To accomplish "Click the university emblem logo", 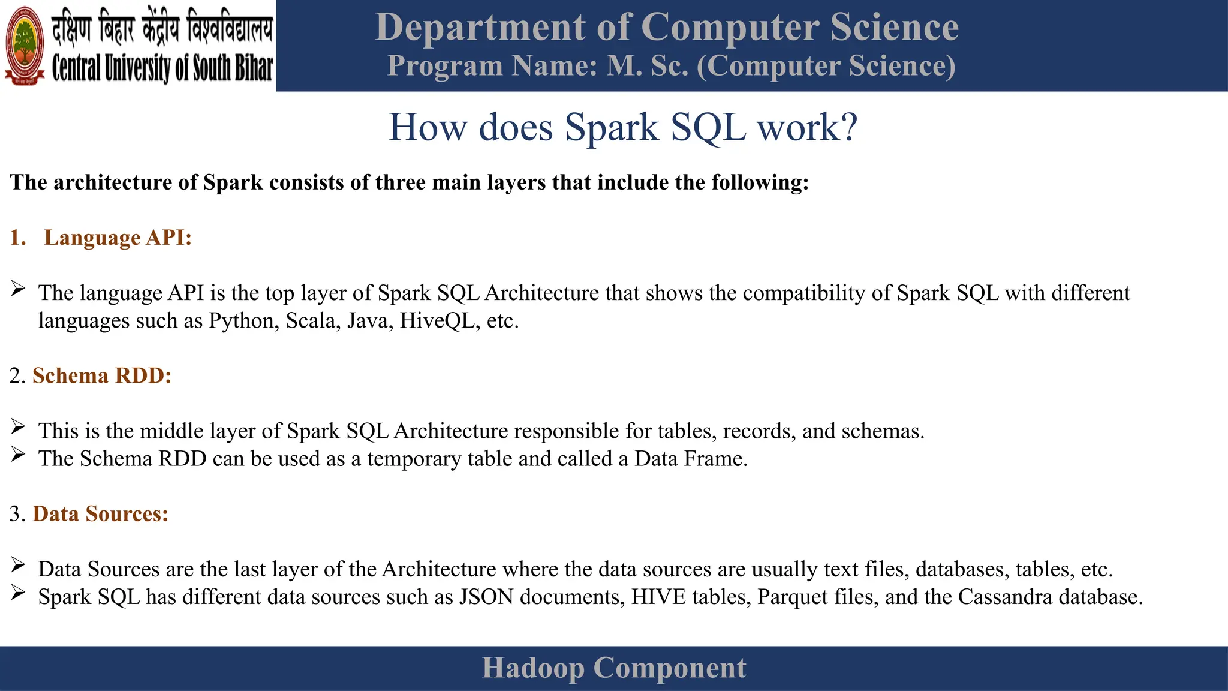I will [x=25, y=46].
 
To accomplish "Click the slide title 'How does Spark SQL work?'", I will [x=623, y=127].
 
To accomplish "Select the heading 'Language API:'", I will [x=118, y=238].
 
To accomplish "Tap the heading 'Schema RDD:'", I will [x=102, y=375].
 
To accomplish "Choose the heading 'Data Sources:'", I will [x=100, y=514].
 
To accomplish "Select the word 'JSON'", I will [x=486, y=597].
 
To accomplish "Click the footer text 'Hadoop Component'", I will [x=614, y=668].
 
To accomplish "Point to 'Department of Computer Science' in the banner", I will [x=667, y=28].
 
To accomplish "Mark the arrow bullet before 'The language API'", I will [x=18, y=289].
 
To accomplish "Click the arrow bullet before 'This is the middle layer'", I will [x=18, y=427].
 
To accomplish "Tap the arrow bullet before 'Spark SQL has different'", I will [x=18, y=593].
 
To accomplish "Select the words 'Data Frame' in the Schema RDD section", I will [x=690, y=459].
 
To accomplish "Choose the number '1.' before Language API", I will [x=18, y=238].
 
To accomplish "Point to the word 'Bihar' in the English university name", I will [x=253, y=68].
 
